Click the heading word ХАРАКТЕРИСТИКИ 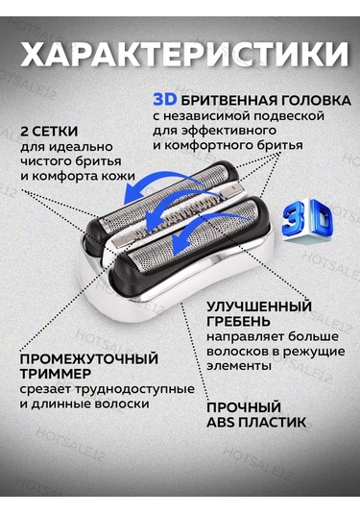pyautogui.click(x=184, y=55)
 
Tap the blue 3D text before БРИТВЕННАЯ pyautogui.click(x=165, y=99)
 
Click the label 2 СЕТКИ pyautogui.click(x=49, y=132)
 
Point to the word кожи pyautogui.click(x=119, y=176)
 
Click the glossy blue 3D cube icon pyautogui.click(x=307, y=220)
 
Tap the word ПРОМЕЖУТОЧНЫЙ pyautogui.click(x=89, y=359)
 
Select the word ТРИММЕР pyautogui.click(x=56, y=374)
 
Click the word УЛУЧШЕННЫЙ pyautogui.click(x=259, y=306)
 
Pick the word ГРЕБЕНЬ pyautogui.click(x=238, y=322)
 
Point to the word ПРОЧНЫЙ pyautogui.click(x=244, y=407)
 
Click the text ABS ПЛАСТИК pyautogui.click(x=256, y=423)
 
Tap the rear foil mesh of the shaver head pyautogui.click(x=164, y=196)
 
